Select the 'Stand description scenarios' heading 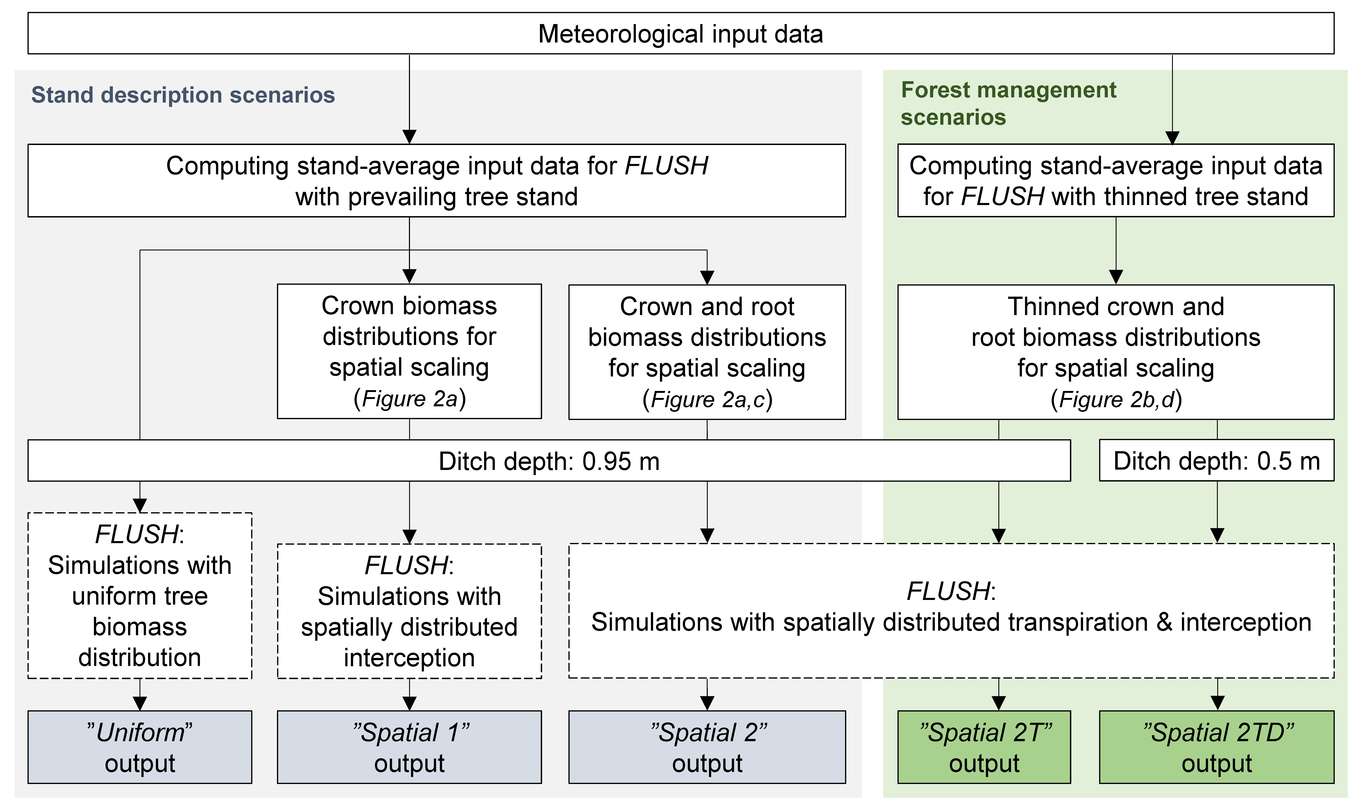pos(183,95)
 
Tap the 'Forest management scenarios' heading pos(1008,103)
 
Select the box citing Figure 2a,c pos(707,352)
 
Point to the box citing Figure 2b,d pos(1116,352)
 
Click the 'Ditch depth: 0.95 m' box pos(549,461)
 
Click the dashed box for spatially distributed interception pos(409,611)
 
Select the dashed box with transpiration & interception pos(951,611)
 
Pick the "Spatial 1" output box pos(409,747)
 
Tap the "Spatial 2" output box pos(707,747)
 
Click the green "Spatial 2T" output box pos(984,747)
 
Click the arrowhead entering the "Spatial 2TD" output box pos(1218,703)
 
